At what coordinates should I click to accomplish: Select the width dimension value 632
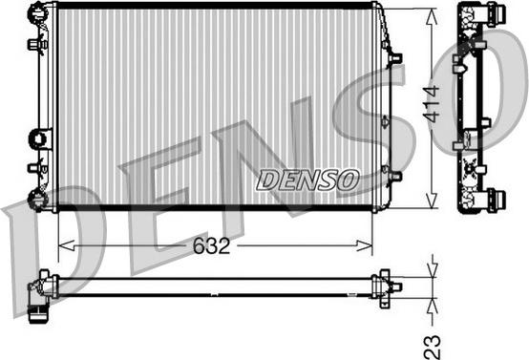coord(210,245)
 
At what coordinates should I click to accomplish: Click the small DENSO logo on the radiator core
coord(307,180)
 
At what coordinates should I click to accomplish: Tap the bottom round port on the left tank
coord(36,199)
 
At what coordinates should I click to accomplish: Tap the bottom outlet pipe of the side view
coord(495,199)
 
